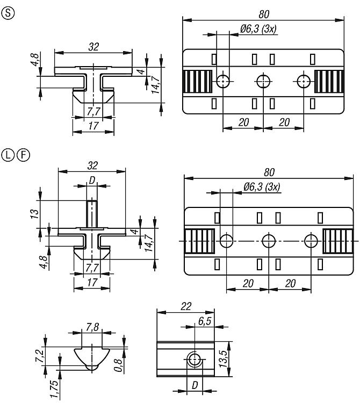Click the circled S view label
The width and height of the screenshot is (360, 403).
coord(8,12)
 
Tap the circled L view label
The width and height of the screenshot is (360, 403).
coord(8,155)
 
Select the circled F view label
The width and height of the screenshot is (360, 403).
coord(24,155)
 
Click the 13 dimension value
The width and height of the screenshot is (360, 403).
coord(35,214)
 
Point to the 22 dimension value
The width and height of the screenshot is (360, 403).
coord(186,306)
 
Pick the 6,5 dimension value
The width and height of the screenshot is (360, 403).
coord(205,321)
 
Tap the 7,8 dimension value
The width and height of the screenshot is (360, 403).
coord(92,327)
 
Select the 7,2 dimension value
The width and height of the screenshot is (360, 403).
coord(40,356)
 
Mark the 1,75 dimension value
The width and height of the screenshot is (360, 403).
coord(54,390)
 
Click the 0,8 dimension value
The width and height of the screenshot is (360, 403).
coord(118,365)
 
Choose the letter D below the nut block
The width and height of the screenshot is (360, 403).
coord(195,385)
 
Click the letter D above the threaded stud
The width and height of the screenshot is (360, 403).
coord(92,181)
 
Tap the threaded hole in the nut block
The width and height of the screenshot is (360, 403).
coord(195,359)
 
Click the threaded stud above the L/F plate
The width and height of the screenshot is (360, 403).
coord(92,214)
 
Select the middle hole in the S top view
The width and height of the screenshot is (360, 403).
coord(264,81)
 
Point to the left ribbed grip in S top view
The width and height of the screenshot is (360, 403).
coord(197,81)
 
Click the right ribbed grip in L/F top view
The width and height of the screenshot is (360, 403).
coord(338,241)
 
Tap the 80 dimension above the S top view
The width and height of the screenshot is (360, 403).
coord(264,15)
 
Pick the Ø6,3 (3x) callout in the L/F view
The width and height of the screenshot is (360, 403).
coord(262,187)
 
